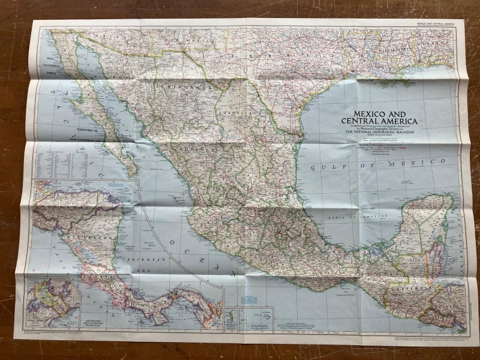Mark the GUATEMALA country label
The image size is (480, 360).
[410, 289]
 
